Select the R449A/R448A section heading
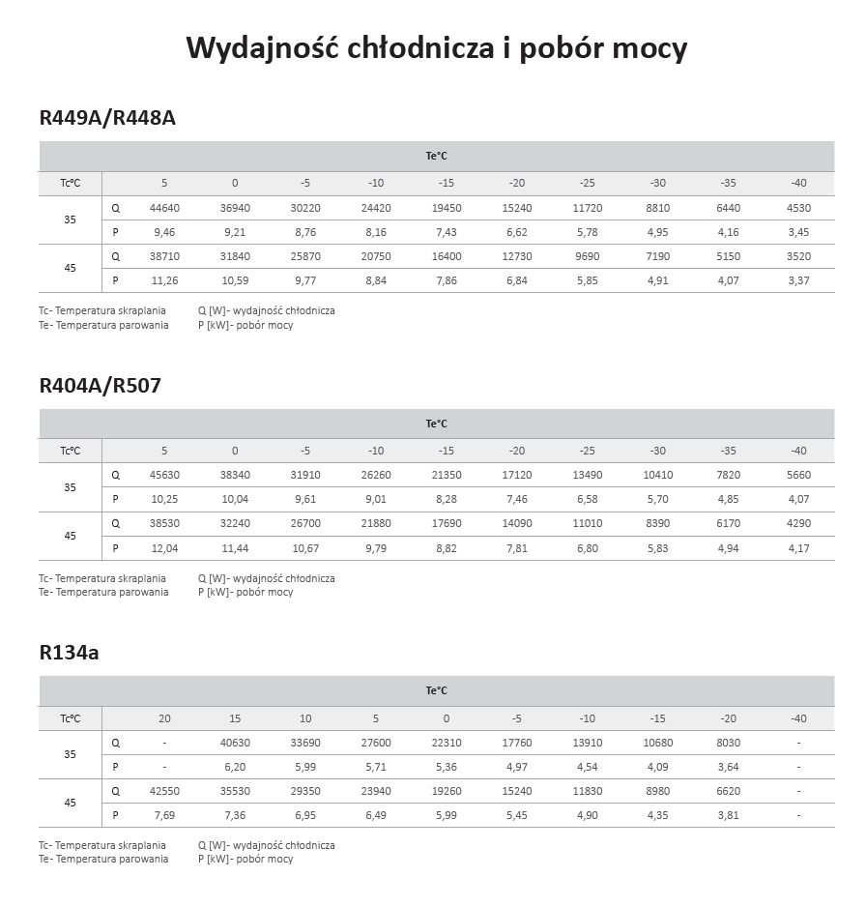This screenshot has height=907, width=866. pos(107,118)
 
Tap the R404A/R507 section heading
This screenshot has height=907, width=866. pos(100,386)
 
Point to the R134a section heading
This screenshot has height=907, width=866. pos(69,653)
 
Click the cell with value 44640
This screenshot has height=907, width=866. pos(164,208)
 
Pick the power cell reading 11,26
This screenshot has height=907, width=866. pos(164,280)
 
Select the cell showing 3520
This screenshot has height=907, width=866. pos(798,256)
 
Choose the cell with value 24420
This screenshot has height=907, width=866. pos(376,208)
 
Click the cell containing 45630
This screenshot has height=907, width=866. pos(164,475)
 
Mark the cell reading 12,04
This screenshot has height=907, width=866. pos(164,548)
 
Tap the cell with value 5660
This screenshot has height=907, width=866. pos(798,475)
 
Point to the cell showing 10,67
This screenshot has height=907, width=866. pos(305,548)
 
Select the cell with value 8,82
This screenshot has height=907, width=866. pos(446,548)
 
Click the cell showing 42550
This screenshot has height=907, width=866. pos(164,790)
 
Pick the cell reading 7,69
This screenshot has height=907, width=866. pos(164,815)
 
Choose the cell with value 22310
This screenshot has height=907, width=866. pos(446,743)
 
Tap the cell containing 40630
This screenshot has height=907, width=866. pos(235,743)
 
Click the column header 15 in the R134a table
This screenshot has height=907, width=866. pos(235,718)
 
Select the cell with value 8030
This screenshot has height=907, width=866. pos(728,743)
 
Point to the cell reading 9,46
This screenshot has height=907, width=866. pos(164,232)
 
